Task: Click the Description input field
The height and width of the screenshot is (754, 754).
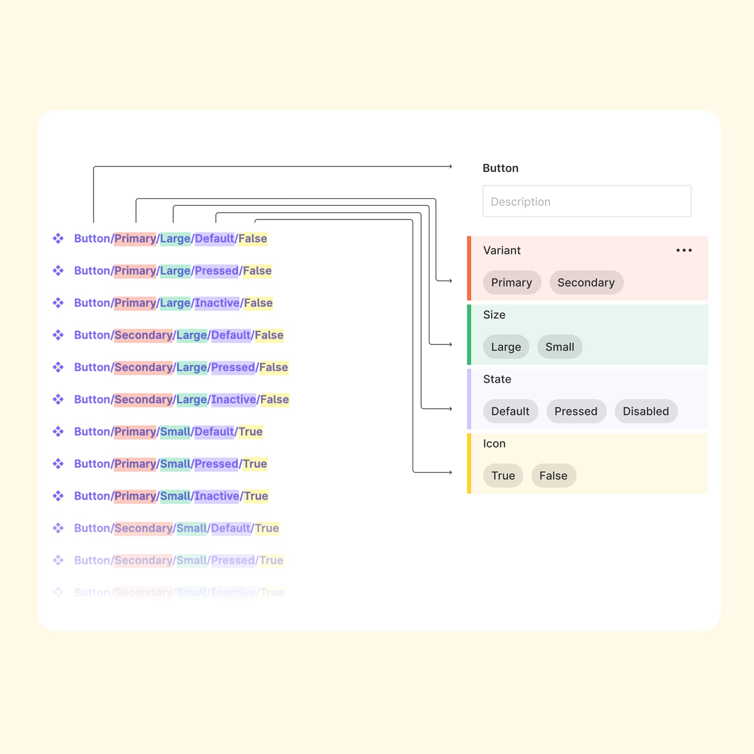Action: [587, 201]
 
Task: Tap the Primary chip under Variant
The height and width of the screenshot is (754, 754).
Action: [512, 282]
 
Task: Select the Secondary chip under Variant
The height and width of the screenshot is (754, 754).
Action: [586, 282]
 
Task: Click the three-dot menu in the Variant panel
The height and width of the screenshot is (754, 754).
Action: [684, 250]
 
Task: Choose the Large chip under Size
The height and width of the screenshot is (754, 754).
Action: [506, 346]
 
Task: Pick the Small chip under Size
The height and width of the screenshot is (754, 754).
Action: [559, 346]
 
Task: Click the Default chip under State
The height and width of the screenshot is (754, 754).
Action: [510, 411]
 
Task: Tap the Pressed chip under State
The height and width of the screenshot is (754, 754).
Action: [576, 411]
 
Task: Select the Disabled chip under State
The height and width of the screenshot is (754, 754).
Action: [645, 411]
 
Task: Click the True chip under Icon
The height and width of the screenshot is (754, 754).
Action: [503, 475]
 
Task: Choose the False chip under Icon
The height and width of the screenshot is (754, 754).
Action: [553, 475]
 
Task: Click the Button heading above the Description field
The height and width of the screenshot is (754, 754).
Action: [500, 168]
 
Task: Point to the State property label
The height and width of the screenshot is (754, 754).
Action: [497, 379]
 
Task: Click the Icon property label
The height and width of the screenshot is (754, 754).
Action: [494, 443]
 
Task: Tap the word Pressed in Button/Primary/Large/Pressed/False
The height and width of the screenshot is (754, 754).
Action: [217, 270]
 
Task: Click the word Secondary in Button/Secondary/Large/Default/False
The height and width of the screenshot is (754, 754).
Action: [143, 335]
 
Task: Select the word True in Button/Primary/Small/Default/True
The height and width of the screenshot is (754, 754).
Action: [251, 431]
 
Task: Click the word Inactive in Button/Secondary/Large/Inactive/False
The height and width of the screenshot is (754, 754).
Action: [233, 399]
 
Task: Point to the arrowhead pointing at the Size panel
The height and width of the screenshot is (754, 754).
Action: [450, 344]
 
